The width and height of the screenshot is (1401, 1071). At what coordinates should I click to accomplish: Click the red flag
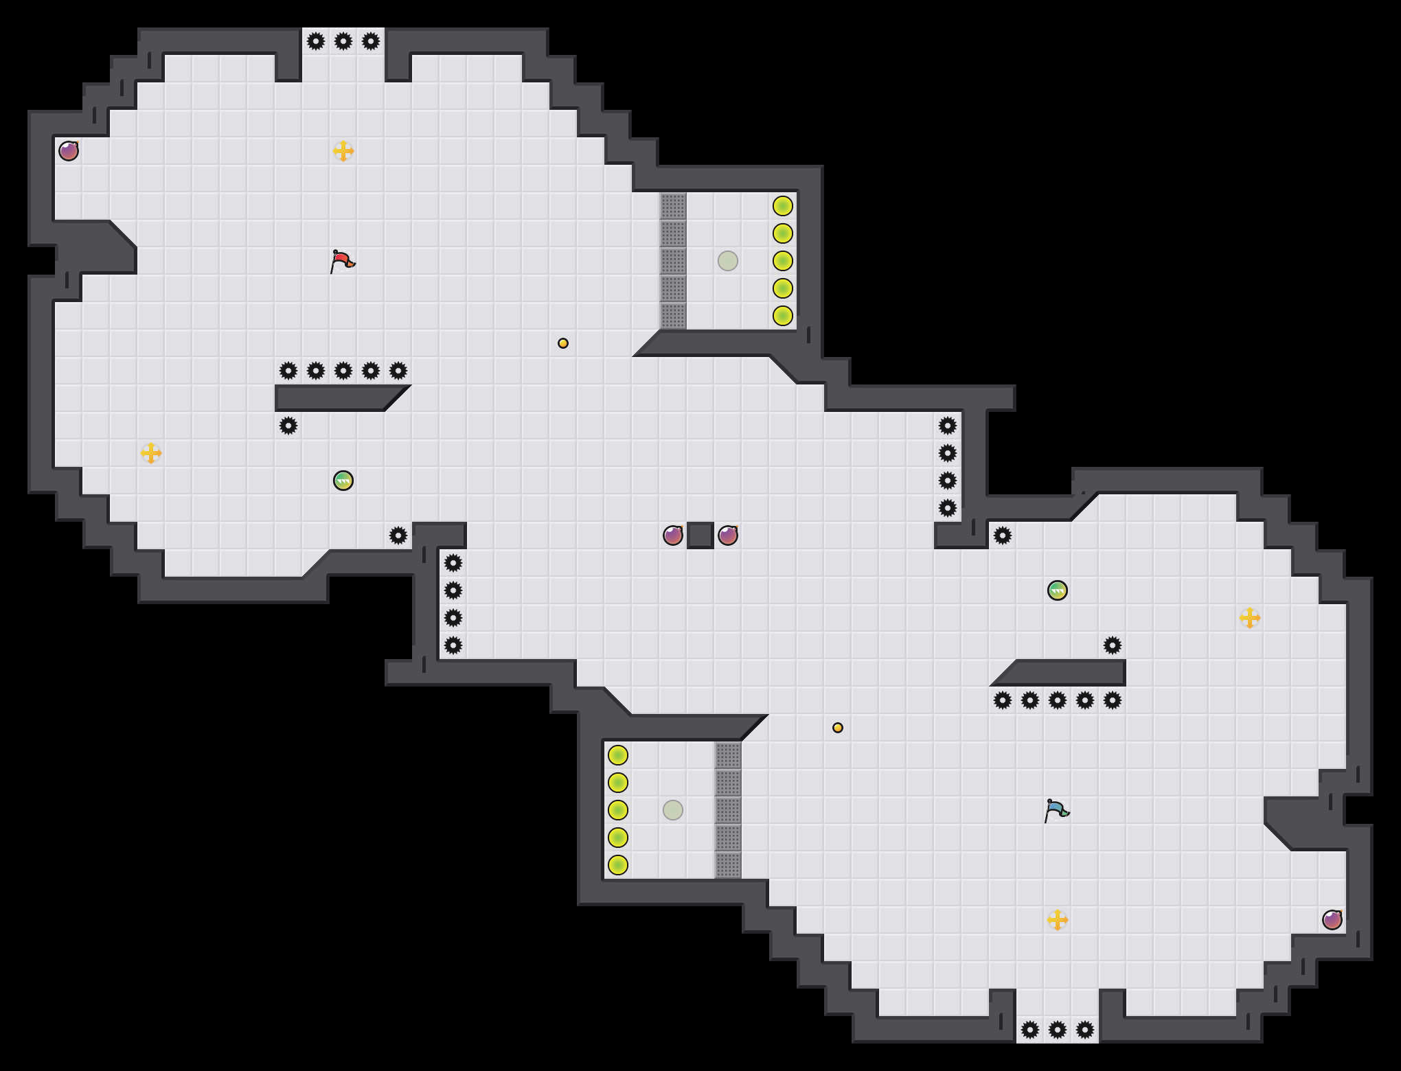pyautogui.click(x=342, y=261)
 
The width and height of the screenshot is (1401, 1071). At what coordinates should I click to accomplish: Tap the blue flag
pyautogui.click(x=1056, y=810)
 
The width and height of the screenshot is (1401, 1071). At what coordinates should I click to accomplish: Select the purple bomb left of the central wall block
pyautogui.click(x=673, y=535)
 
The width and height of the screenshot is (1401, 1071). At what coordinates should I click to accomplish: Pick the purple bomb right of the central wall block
pyautogui.click(x=728, y=535)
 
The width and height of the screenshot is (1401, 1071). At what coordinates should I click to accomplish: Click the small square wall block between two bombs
pyautogui.click(x=700, y=535)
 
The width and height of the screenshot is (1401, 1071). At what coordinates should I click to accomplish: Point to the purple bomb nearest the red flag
pyautogui.click(x=69, y=151)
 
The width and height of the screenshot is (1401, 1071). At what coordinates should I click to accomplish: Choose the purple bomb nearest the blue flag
pyautogui.click(x=1332, y=920)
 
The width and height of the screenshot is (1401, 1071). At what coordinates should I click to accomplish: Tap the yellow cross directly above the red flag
pyautogui.click(x=343, y=151)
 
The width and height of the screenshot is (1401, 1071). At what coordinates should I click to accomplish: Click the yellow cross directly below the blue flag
pyautogui.click(x=1058, y=920)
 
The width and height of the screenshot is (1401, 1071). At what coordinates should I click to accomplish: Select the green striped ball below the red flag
pyautogui.click(x=343, y=481)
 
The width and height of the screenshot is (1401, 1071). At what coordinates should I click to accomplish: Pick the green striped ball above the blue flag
pyautogui.click(x=1058, y=590)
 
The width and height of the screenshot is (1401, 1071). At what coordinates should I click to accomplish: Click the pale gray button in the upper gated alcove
pyautogui.click(x=728, y=261)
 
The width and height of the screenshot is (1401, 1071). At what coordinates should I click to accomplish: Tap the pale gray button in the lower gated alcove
pyautogui.click(x=673, y=810)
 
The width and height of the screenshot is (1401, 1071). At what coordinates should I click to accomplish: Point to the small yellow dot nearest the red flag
pyautogui.click(x=563, y=343)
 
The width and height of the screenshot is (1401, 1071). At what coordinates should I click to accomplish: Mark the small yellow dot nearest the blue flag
pyautogui.click(x=838, y=728)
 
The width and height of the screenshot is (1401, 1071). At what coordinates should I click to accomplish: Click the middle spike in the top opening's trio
pyautogui.click(x=343, y=41)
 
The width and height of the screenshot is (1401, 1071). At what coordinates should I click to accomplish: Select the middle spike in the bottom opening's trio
pyautogui.click(x=1058, y=1030)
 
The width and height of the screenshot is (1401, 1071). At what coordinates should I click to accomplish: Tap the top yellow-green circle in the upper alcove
pyautogui.click(x=783, y=206)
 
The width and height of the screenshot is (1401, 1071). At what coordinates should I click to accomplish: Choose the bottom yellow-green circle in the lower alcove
pyautogui.click(x=618, y=865)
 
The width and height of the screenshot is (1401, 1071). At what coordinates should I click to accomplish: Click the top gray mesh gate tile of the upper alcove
pyautogui.click(x=673, y=206)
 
